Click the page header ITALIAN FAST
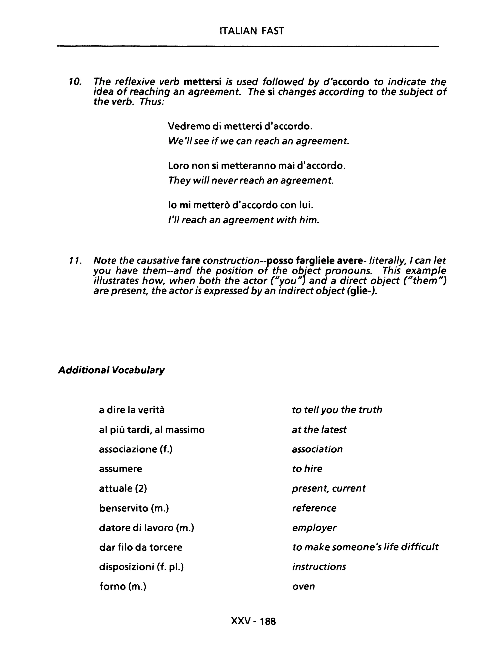[252, 31]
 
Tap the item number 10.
[75, 81]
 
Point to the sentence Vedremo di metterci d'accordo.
[240, 126]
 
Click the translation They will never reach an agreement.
[251, 180]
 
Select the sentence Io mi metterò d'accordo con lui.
[241, 205]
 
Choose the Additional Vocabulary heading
[111, 370]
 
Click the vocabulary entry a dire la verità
[132, 410]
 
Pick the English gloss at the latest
[319, 430]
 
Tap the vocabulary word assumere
[121, 469]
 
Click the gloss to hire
[307, 469]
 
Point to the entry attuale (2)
[123, 488]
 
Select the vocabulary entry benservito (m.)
[134, 508]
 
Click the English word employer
[314, 528]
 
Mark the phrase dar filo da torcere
[141, 547]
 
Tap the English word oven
[303, 586]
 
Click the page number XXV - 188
[253, 621]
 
